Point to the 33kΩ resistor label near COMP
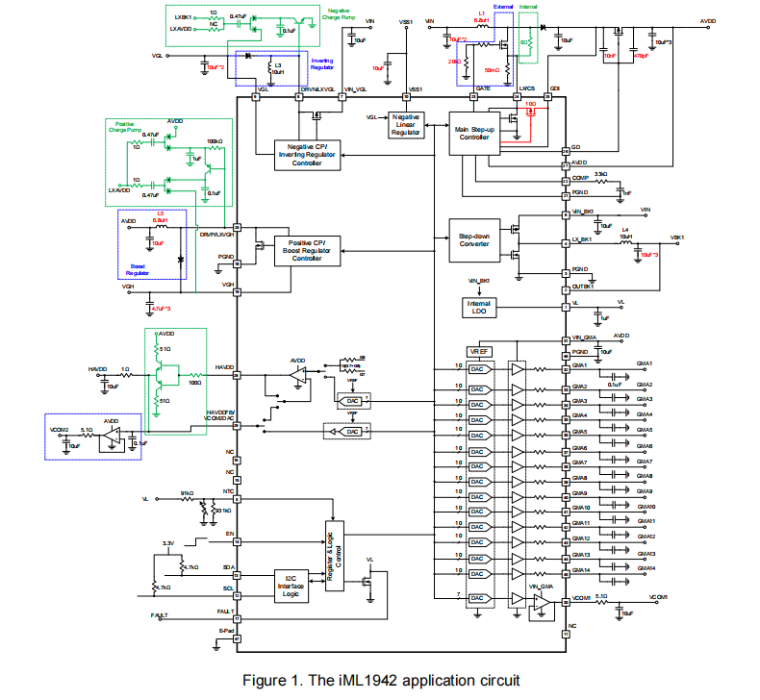pyautogui.click(x=601, y=174)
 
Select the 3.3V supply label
pyautogui.click(x=169, y=543)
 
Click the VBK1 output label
pyautogui.click(x=676, y=236)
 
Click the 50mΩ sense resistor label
pyautogui.click(x=492, y=70)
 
